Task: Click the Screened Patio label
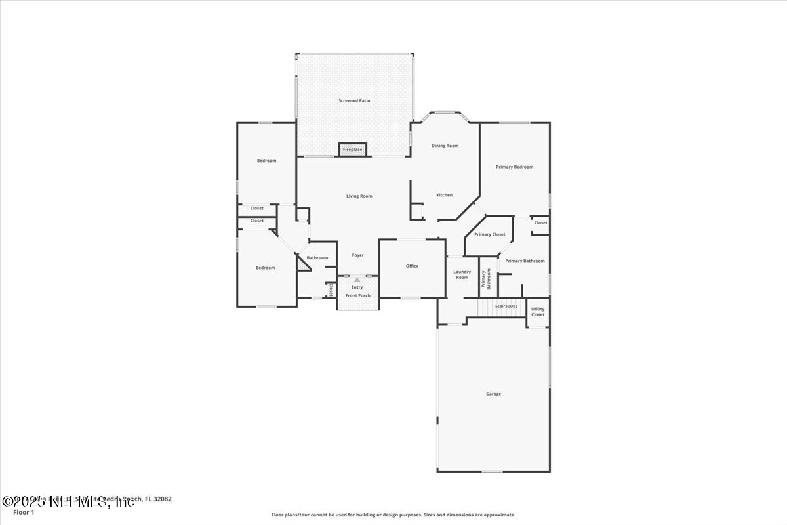tap(354, 100)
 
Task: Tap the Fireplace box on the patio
tap(352, 150)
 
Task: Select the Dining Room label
tap(445, 146)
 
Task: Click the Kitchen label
tap(445, 195)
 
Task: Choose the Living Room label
tap(359, 196)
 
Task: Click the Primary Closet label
tap(489, 234)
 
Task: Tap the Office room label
tap(412, 266)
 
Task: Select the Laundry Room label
tap(462, 274)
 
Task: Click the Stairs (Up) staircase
tap(504, 307)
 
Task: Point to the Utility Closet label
tap(538, 312)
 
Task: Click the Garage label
tap(493, 394)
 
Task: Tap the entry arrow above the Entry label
tap(357, 280)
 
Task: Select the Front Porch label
tap(358, 295)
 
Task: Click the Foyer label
tap(357, 255)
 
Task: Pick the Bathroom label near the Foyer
tap(317, 258)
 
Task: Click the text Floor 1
tap(24, 512)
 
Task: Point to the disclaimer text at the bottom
tap(393, 515)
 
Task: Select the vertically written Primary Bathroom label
tap(486, 279)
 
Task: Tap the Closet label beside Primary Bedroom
tap(540, 223)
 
